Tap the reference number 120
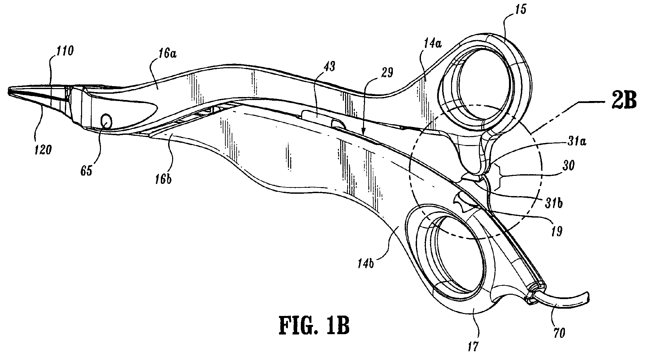point(43,150)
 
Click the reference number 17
point(474,346)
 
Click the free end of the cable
point(589,295)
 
